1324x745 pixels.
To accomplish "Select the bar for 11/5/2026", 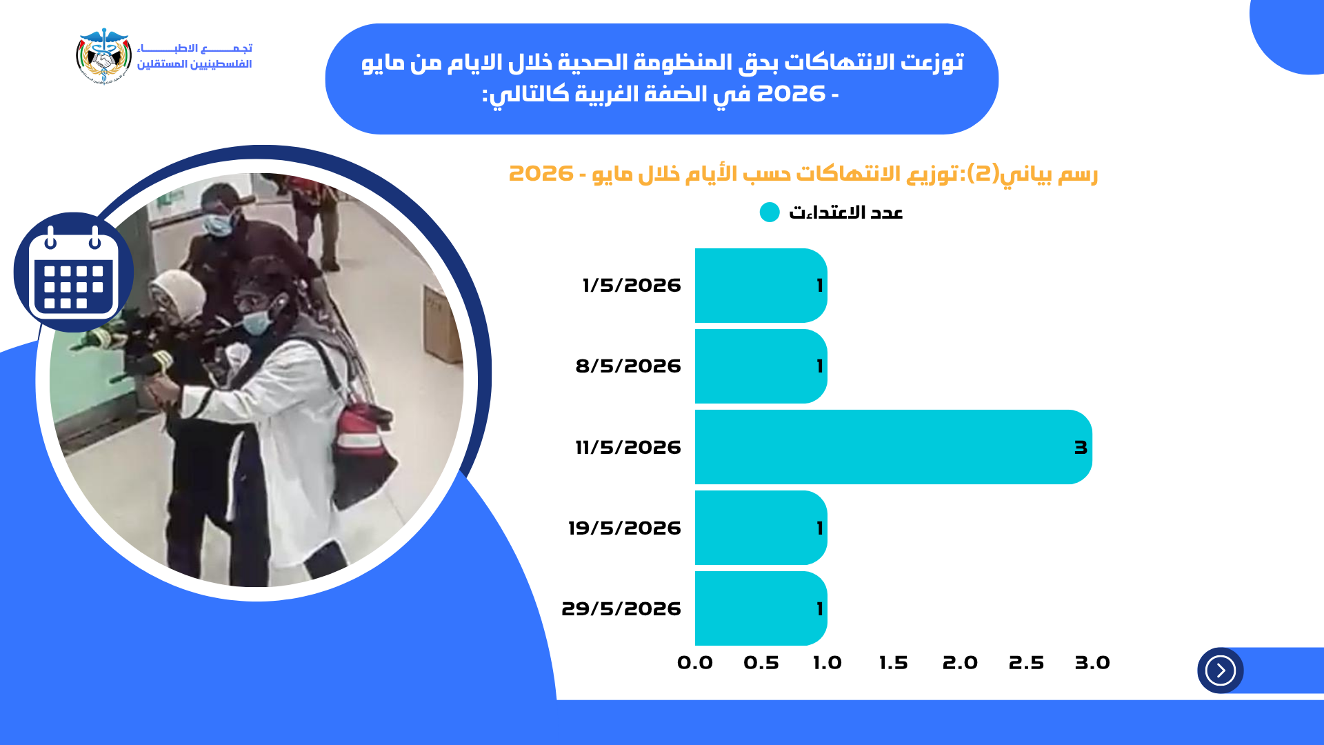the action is point(893,447).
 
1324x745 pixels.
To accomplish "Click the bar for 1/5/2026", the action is point(761,286).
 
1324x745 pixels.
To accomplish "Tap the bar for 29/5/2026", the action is point(761,608).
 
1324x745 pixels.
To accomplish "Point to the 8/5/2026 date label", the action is point(628,366).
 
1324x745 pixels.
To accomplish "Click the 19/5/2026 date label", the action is point(625,528).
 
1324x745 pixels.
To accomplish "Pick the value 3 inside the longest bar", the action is point(1081,448).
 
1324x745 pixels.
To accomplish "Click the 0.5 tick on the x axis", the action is point(761,663).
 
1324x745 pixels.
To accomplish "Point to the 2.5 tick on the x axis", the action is point(1026,663).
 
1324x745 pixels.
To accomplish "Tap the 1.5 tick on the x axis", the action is point(894,663).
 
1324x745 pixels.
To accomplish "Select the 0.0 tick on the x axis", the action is point(695,663).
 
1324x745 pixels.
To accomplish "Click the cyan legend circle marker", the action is point(770,212).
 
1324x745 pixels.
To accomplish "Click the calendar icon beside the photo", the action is point(73,272).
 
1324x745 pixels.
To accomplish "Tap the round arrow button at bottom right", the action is point(1221,670).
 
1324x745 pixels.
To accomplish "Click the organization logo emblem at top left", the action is point(103,56).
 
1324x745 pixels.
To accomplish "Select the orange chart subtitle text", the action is point(803,173).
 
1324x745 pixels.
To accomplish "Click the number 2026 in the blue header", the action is point(791,93).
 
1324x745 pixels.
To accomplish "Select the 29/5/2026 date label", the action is point(621,608).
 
